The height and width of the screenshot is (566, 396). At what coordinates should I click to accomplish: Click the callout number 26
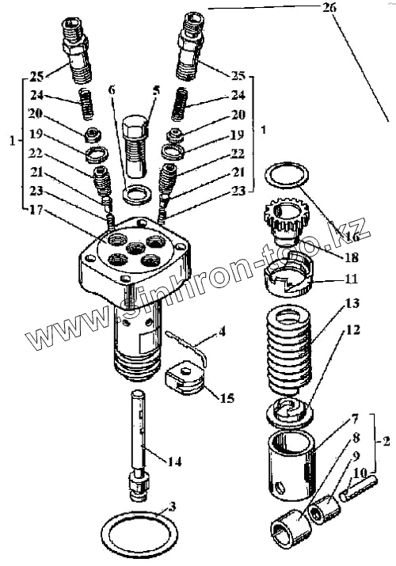tap(329, 8)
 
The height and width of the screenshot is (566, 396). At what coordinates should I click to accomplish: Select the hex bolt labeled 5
tap(135, 146)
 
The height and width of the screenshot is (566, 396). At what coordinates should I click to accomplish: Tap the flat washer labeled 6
tap(138, 194)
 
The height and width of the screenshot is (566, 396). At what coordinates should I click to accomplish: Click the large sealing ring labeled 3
tap(139, 533)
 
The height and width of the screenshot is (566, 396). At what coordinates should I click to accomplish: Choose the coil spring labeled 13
tap(289, 350)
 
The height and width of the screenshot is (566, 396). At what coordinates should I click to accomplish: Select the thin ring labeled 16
tap(287, 176)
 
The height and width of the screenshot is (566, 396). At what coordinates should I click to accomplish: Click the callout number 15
tap(227, 398)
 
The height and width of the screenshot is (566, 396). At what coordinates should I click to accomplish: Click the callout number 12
tap(353, 329)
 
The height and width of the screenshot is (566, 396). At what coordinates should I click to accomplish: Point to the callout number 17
tap(36, 210)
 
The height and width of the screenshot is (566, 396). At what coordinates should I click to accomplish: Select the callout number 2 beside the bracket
tap(386, 441)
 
